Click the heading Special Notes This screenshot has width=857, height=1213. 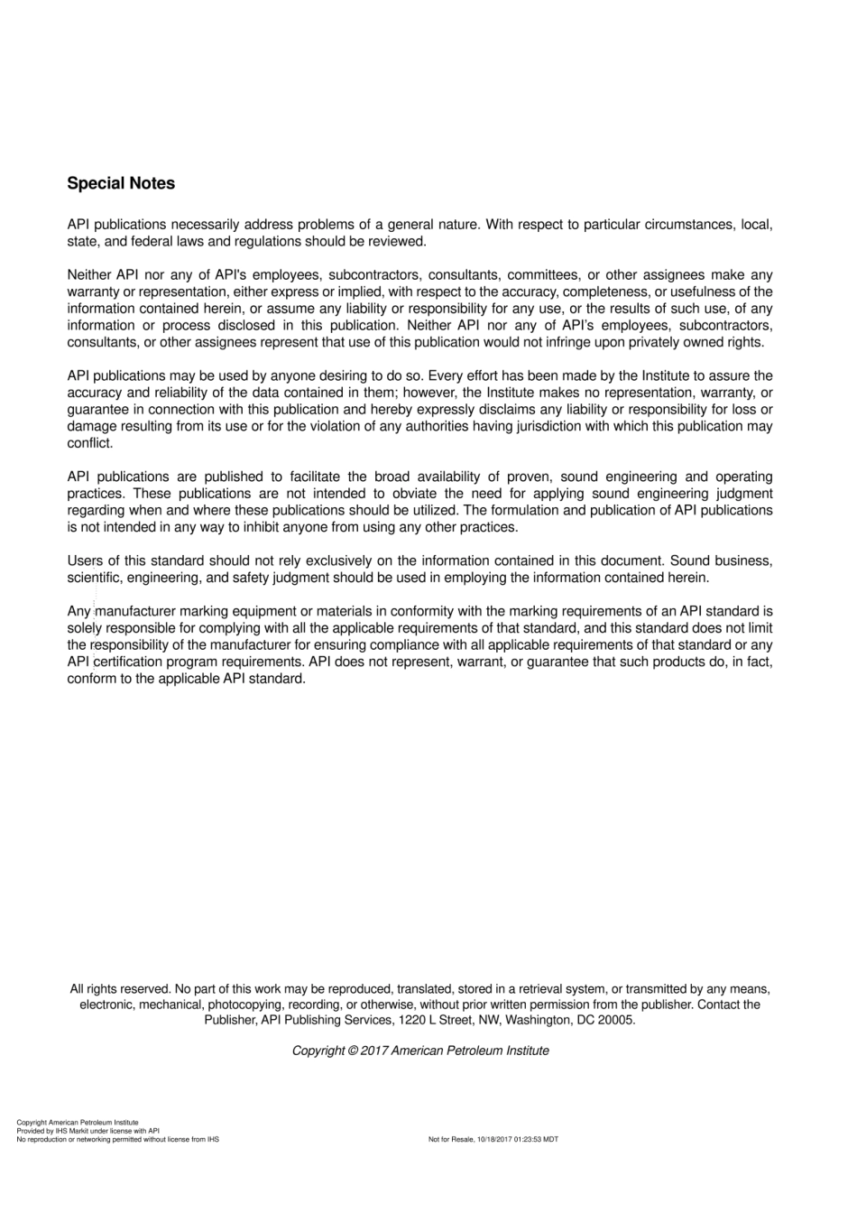[121, 183]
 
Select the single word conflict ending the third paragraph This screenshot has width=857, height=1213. [89, 443]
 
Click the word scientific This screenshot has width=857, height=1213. [95, 578]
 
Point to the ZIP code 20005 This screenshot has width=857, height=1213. [616, 1020]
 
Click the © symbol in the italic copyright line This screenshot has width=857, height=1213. [353, 1051]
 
